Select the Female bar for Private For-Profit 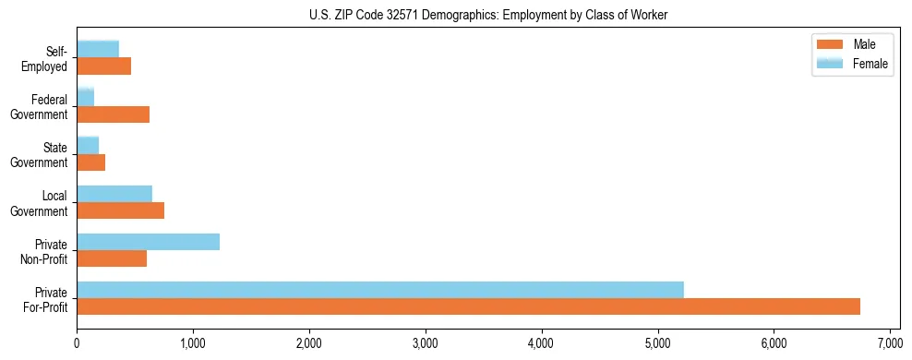(380, 290)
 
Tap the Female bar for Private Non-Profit (148, 242)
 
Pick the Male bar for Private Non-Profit (112, 258)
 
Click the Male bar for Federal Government (113, 114)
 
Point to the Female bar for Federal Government (86, 98)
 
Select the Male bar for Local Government (120, 210)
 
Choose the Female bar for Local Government (114, 194)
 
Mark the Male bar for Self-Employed (103, 66)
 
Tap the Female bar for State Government (88, 146)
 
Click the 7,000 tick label (889, 344)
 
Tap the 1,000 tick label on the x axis (193, 344)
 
